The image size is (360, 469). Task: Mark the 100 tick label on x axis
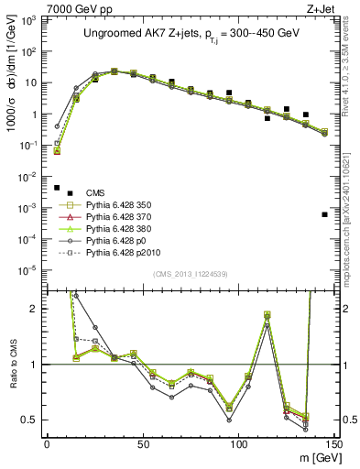239,444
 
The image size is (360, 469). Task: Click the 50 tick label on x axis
143,444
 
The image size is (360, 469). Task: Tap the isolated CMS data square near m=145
325,214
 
